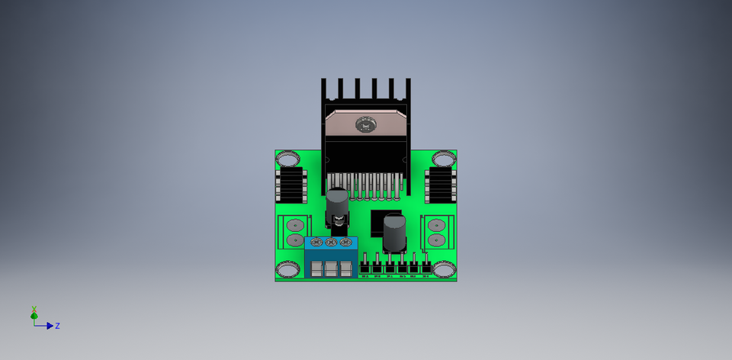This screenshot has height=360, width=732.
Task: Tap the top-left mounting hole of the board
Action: [x=288, y=159]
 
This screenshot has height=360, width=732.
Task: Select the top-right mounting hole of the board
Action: [x=444, y=159]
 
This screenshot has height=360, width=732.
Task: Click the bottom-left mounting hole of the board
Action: [x=288, y=269]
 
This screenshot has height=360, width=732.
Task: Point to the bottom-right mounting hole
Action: [x=444, y=269]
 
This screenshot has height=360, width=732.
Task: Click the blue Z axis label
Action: [x=58, y=326]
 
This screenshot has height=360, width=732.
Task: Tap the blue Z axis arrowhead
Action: [x=50, y=326]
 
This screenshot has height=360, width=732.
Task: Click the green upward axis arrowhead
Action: [x=34, y=314]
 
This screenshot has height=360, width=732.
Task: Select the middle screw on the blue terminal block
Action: [x=331, y=243]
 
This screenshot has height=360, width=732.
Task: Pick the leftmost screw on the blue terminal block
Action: [x=316, y=243]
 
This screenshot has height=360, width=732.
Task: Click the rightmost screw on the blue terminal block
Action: [x=345, y=243]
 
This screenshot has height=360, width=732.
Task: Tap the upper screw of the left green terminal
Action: [x=294, y=225]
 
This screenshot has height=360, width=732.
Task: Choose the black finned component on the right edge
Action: [x=440, y=185]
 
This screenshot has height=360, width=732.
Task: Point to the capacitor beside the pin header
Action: [x=394, y=233]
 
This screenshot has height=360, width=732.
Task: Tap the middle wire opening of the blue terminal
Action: [x=331, y=268]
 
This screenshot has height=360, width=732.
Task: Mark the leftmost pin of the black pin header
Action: [x=366, y=266]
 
